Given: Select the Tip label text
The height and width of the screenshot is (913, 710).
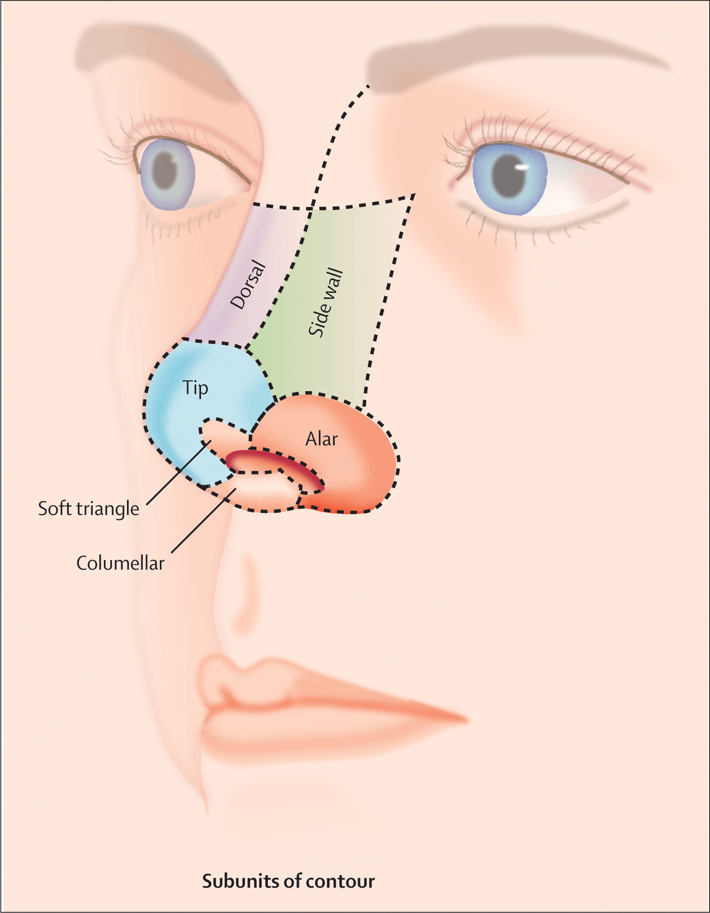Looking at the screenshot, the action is click(195, 388).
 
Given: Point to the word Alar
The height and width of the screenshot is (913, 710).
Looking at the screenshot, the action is click(321, 439).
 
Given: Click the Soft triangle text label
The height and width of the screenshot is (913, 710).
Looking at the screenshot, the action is click(88, 509).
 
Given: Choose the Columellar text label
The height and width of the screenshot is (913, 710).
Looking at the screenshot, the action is click(120, 563).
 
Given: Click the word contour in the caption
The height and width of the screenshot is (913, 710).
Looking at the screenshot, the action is click(342, 882).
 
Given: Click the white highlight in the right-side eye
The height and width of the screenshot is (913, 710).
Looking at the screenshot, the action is click(524, 167).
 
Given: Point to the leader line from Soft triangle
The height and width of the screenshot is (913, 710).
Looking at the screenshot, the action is click(176, 473).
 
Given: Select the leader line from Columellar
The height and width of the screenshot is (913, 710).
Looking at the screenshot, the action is click(205, 521).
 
